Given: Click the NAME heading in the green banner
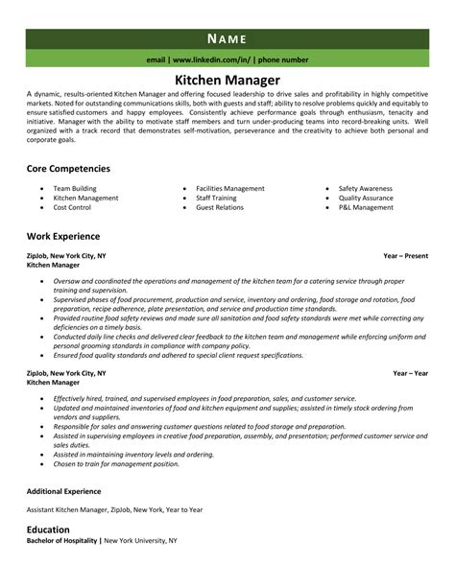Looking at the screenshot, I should [x=227, y=38].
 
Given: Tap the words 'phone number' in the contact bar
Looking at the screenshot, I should [x=283, y=59].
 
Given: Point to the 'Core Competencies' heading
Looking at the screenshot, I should [x=68, y=168].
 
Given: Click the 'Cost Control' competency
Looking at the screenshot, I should [x=72, y=207].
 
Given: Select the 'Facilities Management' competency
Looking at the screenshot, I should [x=229, y=188].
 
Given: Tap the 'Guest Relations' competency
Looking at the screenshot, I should [x=218, y=207].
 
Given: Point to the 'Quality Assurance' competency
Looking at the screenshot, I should [x=368, y=198].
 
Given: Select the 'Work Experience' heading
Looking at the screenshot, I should [x=64, y=236].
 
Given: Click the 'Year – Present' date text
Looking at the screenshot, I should [x=406, y=256].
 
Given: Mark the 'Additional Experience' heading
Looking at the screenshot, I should [x=68, y=492].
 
